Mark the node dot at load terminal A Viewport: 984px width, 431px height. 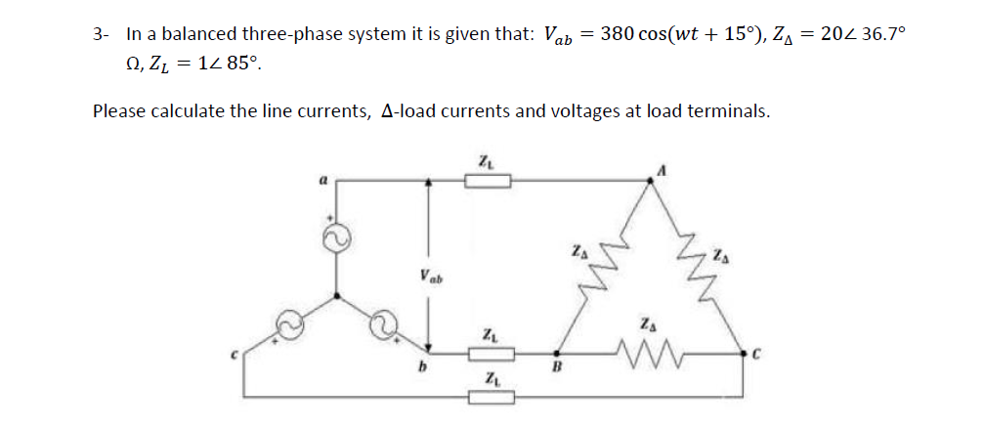pos(653,179)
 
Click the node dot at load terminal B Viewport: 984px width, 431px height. pos(557,353)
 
